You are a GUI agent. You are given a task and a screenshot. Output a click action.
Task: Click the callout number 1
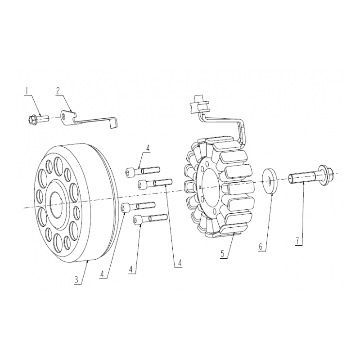(27, 91)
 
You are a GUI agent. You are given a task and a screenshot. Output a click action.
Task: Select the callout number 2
(58, 91)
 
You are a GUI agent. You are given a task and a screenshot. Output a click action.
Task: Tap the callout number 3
(76, 280)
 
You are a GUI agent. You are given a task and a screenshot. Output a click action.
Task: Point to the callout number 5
(222, 254)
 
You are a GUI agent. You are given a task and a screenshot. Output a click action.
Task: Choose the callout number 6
(261, 247)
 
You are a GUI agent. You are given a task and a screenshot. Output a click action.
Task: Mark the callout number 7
(297, 241)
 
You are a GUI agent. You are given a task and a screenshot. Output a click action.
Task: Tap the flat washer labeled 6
(270, 181)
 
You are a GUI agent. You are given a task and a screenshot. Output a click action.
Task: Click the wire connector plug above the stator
(199, 104)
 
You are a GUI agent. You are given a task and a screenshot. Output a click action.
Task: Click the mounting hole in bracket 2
(63, 118)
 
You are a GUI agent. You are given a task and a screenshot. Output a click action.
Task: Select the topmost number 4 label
(148, 148)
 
